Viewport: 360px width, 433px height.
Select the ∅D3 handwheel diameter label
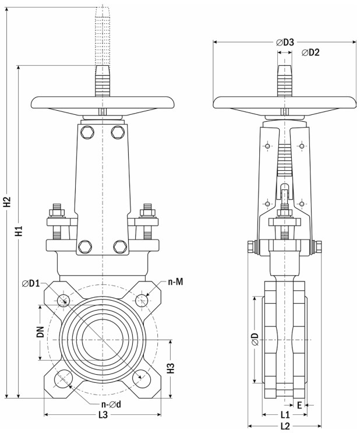click(285, 42)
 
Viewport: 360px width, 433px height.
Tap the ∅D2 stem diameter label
click(310, 52)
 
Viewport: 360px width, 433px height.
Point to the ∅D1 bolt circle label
click(31, 283)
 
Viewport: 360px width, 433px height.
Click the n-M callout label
click(175, 281)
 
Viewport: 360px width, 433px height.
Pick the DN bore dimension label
click(41, 332)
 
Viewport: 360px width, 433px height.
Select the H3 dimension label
click(171, 368)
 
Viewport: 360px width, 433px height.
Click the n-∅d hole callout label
click(111, 404)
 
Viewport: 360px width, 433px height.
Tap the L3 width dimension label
click(103, 415)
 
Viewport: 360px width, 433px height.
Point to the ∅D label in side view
click(255, 339)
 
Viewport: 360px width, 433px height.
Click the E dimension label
click(299, 405)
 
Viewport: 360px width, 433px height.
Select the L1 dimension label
click(285, 414)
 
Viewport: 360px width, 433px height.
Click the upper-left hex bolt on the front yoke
click(87, 132)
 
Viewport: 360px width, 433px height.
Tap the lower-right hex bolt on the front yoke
click(121, 247)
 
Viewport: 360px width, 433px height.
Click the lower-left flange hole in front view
click(63, 378)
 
